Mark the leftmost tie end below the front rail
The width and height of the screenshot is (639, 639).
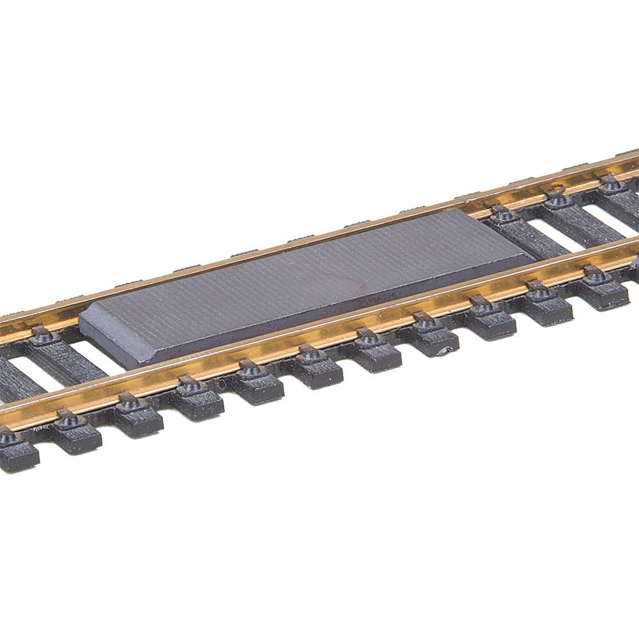pos(16,450)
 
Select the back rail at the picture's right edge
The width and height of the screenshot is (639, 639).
pos(633,164)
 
